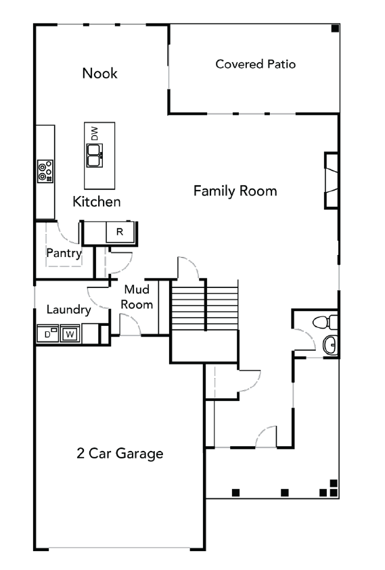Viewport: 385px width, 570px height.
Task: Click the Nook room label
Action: (x=99, y=73)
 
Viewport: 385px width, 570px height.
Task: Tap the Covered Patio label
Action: (x=255, y=64)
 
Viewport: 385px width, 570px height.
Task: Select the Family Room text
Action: (x=235, y=191)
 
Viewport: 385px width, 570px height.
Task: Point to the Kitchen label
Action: (x=97, y=201)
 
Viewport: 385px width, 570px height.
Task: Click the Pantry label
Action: (x=64, y=254)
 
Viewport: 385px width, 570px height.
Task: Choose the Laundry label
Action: (x=68, y=310)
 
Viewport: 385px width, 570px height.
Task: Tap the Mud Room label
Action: (x=137, y=297)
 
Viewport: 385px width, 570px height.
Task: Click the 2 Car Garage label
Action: (x=120, y=453)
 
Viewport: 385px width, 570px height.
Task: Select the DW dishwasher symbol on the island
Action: (x=95, y=134)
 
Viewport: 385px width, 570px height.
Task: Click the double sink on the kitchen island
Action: (x=95, y=158)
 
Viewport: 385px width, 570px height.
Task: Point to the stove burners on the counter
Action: (x=45, y=171)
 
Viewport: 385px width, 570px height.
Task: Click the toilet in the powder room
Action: (x=326, y=320)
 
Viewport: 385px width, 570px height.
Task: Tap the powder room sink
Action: (x=330, y=346)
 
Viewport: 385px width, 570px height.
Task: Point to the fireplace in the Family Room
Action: (x=331, y=180)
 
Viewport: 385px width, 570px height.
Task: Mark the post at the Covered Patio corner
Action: (x=335, y=28)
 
